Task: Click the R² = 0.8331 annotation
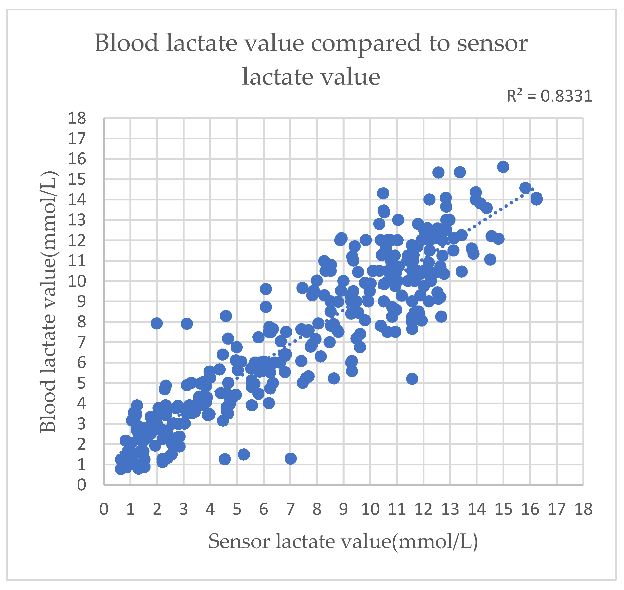point(549,96)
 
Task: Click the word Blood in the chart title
point(126,43)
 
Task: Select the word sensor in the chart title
point(492,43)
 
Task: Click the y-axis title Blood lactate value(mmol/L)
point(48,302)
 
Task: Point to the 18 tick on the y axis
point(77,118)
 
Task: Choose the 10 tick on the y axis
point(77,281)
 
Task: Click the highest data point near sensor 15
point(503,167)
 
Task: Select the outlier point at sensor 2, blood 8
point(157,323)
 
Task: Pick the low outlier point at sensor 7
point(290,459)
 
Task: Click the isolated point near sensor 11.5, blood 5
point(412,379)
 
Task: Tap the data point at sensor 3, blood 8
point(187,323)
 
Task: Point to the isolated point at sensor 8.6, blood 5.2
point(334,378)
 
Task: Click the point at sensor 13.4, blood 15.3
point(460,172)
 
